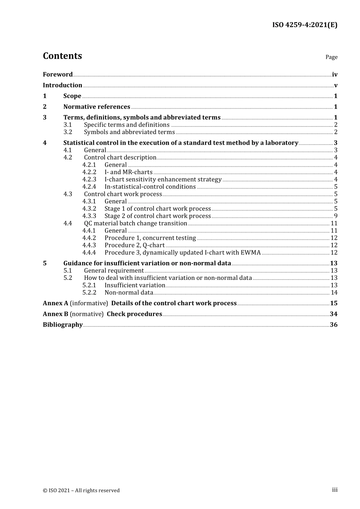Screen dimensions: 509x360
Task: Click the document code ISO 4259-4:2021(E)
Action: pyautogui.click(x=305, y=25)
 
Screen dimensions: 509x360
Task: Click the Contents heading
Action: pyautogui.click(x=62, y=56)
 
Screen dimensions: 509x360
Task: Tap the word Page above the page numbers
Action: pyautogui.click(x=331, y=57)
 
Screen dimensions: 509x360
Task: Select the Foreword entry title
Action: pyautogui.click(x=58, y=75)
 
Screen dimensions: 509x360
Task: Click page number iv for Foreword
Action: pyautogui.click(x=335, y=75)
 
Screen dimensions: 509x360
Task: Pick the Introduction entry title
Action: pyautogui.click(x=63, y=85)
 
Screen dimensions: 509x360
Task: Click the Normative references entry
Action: pyautogui.click(x=97, y=107)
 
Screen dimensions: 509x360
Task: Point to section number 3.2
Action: pyautogui.click(x=68, y=132)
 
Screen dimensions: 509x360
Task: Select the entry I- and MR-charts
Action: pyautogui.click(x=128, y=172)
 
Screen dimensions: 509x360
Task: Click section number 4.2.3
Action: pyautogui.click(x=89, y=180)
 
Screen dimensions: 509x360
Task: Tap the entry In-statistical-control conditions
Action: pyautogui.click(x=150, y=187)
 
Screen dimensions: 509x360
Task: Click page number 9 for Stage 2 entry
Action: pyautogui.click(x=336, y=216)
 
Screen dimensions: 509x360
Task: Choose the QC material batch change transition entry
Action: pyautogui.click(x=135, y=223)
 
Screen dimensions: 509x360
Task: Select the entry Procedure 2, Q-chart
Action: pyautogui.click(x=135, y=245)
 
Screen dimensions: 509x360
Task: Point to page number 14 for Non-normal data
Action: pyautogui.click(x=334, y=293)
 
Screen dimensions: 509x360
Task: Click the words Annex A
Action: pyautogui.click(x=56, y=303)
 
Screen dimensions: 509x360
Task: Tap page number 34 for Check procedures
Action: pyautogui.click(x=333, y=314)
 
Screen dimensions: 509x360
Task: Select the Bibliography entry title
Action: pyautogui.click(x=63, y=325)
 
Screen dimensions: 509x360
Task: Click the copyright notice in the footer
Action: pyautogui.click(x=81, y=490)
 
